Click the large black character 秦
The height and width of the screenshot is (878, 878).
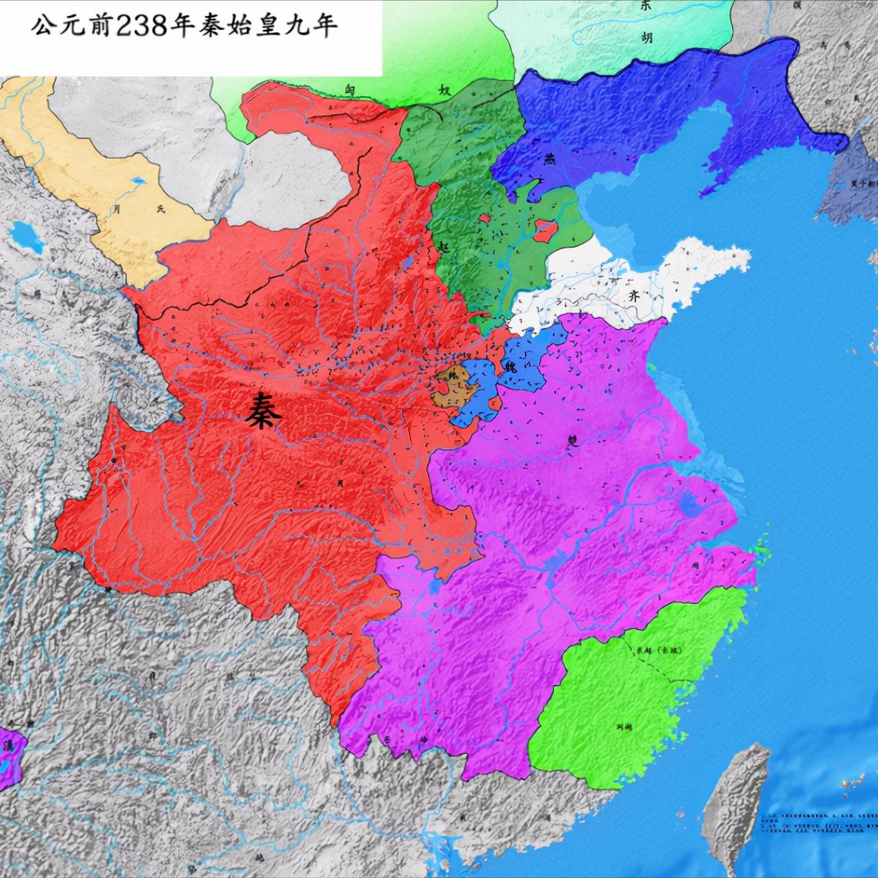pos(263,411)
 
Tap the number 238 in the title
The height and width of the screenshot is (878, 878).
pos(140,26)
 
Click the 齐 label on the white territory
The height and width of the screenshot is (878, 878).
pos(633,293)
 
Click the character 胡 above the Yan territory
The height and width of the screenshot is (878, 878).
pos(647,39)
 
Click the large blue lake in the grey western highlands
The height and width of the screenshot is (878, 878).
pos(26,236)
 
